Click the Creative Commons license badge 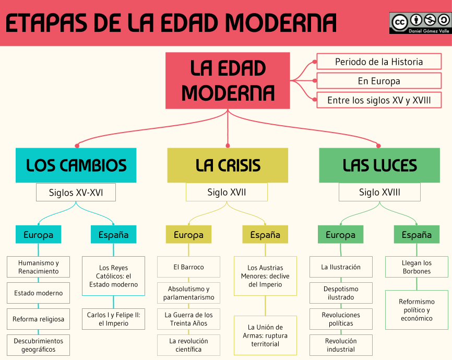[x=419, y=23]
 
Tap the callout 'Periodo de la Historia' [x=379, y=62]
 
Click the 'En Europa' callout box [x=379, y=81]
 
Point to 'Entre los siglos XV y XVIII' [x=379, y=100]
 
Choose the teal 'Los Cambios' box [x=76, y=165]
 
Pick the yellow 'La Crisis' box [x=228, y=165]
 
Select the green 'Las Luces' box [x=379, y=165]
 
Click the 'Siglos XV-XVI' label [x=76, y=192]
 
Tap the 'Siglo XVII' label [x=227, y=192]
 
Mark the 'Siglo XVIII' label [x=379, y=192]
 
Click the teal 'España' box [x=113, y=235]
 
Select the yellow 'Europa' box [x=188, y=235]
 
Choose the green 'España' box [x=417, y=235]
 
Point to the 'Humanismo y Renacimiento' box [x=39, y=267]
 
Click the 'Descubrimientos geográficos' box [x=39, y=345]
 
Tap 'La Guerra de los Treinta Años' [x=188, y=319]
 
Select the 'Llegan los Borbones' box [x=417, y=267]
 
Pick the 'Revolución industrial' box [x=341, y=345]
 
